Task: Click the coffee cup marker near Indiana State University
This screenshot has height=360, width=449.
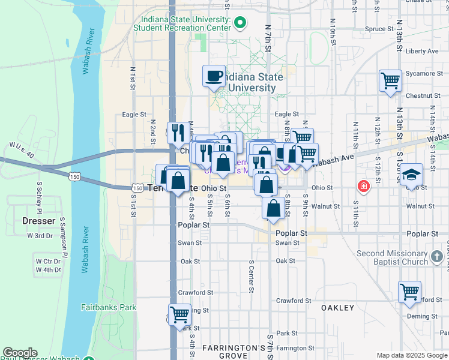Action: click(214, 76)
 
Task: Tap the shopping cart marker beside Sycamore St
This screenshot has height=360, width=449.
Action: click(390, 80)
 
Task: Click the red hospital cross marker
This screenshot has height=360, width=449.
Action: click(363, 187)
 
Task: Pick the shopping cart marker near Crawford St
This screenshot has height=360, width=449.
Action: click(409, 293)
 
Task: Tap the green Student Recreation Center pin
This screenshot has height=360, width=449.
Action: click(240, 23)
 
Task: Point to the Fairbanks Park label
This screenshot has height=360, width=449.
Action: click(109, 307)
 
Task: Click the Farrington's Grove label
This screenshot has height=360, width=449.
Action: click(233, 352)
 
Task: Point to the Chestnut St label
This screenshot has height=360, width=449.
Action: click(423, 95)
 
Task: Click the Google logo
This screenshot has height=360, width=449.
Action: click(20, 353)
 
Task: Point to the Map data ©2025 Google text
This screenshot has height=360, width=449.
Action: click(411, 355)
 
